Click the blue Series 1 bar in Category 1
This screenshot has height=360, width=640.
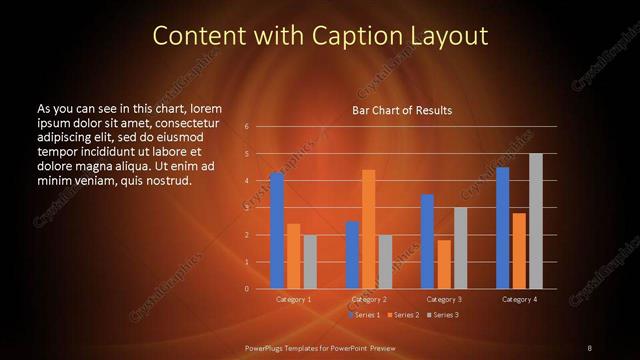277,231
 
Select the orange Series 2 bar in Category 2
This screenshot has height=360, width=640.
368,229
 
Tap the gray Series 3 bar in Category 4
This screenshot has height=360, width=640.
535,221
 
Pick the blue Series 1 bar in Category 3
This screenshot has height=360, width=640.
427,241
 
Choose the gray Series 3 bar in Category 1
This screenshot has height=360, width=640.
309,261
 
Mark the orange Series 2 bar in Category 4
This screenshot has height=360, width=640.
518,250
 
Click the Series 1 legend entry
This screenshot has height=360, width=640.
365,315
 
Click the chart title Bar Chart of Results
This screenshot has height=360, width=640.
402,110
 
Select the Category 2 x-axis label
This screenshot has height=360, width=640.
369,299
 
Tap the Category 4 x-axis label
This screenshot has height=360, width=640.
519,299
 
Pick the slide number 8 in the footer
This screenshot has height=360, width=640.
589,347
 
